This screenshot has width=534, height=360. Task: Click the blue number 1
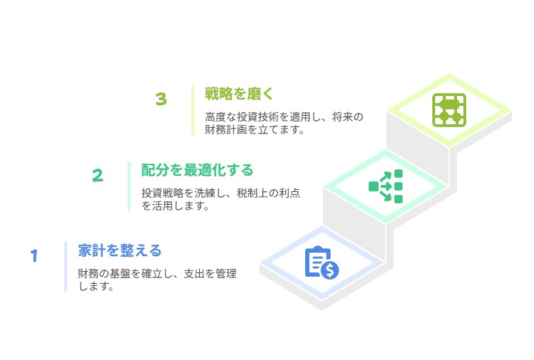coord(34,256)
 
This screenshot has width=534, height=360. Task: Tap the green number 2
coord(97,176)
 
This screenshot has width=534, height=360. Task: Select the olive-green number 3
coord(161,99)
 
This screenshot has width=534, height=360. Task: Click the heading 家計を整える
coord(119,251)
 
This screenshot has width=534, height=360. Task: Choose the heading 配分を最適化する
coord(197,170)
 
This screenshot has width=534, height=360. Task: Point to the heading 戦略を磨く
coord(239,94)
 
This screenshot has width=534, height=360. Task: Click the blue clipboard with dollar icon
coord(321,263)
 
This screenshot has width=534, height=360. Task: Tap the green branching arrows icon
coord(386,186)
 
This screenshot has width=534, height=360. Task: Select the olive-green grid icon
coord(449,110)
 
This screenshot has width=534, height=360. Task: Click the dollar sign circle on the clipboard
coord(330,270)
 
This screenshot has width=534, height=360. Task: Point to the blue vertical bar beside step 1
coord(66,267)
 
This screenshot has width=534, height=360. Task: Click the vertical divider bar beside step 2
coord(129,186)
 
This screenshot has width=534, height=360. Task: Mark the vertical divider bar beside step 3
coord(193,110)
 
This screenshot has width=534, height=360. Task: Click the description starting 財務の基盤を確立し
coord(157,280)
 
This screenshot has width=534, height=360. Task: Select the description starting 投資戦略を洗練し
coord(220,199)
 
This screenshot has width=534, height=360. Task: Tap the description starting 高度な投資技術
coord(284,123)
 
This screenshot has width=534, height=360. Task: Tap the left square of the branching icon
coord(374,186)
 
